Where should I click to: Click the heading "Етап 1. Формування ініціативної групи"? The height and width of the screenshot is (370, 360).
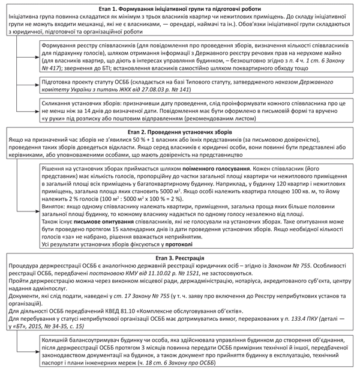tap(179, 5)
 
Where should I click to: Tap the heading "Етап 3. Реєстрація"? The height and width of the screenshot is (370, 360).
tap(179, 256)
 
